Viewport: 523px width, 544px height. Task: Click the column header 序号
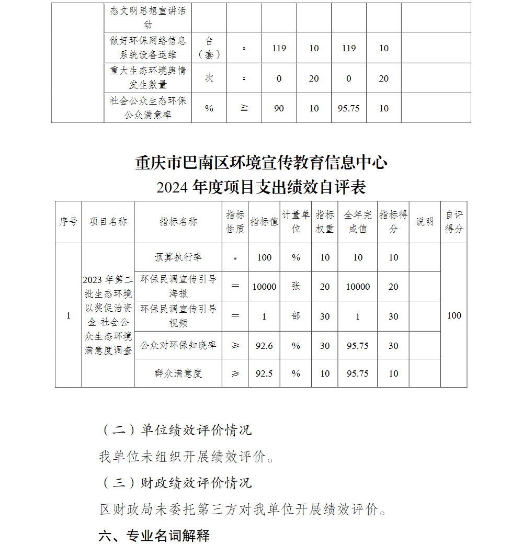tap(68, 222)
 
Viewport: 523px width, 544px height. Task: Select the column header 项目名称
tap(108, 222)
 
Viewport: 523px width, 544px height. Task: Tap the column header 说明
tap(424, 222)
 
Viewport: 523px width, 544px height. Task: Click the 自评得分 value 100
tap(454, 315)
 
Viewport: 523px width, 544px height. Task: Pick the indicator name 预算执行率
tap(178, 257)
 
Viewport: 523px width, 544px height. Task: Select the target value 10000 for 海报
tap(264, 287)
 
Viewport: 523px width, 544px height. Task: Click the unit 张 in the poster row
tap(296, 286)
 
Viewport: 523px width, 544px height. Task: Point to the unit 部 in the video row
tap(296, 316)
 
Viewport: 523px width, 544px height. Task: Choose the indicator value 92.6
tap(264, 346)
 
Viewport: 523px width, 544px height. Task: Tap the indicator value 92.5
tap(264, 373)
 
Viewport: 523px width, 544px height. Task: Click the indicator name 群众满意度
tap(178, 373)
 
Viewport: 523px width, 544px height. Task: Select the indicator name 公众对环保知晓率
tap(178, 346)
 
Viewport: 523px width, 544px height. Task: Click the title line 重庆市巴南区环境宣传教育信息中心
tap(261, 163)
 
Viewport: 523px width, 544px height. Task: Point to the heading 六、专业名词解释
tap(154, 535)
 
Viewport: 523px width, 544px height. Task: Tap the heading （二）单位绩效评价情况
tap(176, 430)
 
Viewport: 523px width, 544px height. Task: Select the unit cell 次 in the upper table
tap(209, 78)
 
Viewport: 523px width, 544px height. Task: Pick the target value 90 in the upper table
tap(279, 108)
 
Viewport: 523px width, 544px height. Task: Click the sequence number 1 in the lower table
tap(68, 315)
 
